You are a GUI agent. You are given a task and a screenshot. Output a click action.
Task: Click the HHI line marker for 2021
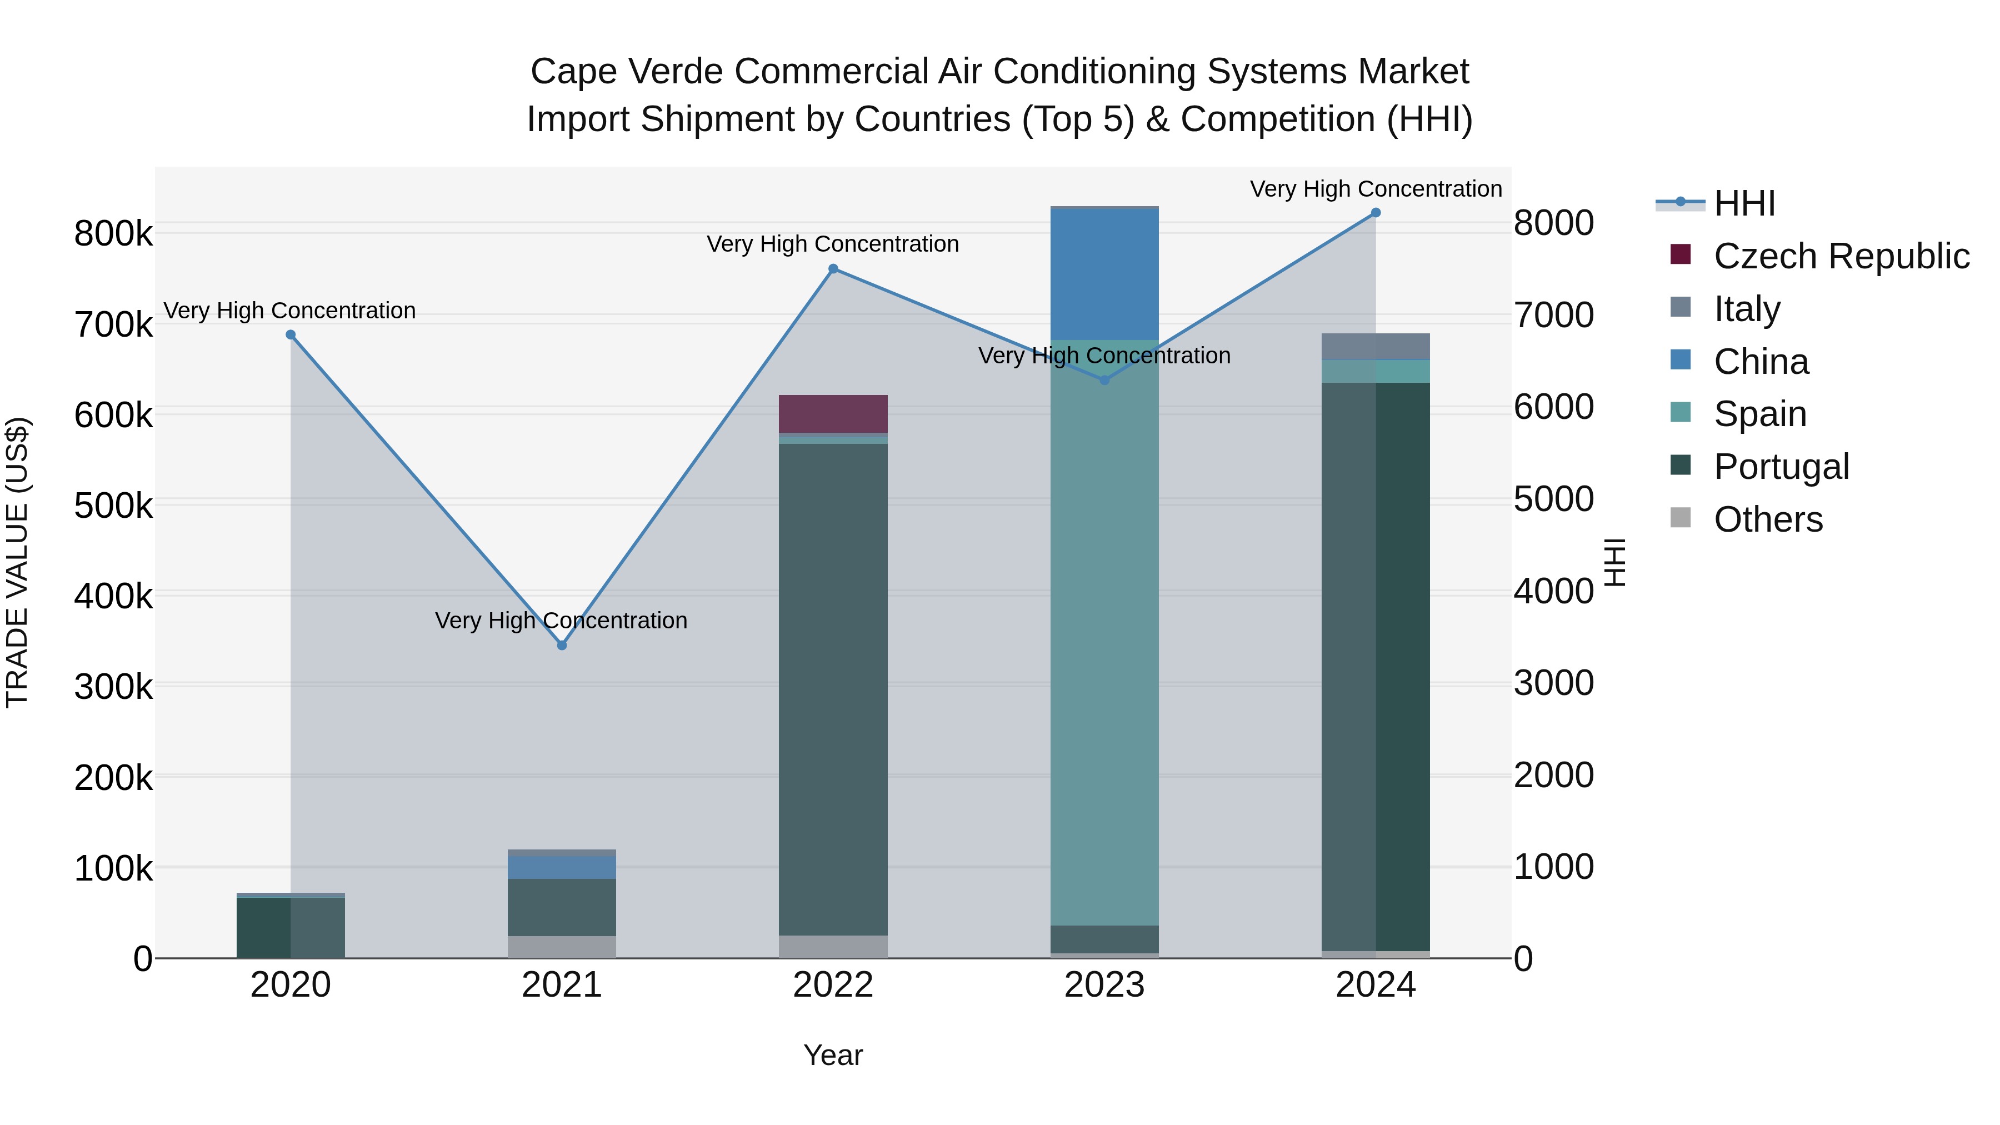[x=562, y=645]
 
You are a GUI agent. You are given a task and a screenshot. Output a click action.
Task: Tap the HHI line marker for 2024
[x=1376, y=213]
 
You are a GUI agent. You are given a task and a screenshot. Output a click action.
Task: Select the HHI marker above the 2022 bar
[x=833, y=269]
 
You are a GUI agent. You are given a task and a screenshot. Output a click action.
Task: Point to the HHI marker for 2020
[x=291, y=334]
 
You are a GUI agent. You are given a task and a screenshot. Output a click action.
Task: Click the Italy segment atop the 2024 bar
[x=1376, y=346]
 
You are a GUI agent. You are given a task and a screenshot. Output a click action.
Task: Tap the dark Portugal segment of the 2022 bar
[x=833, y=689]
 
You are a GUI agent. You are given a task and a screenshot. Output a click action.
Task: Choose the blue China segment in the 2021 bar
[x=562, y=867]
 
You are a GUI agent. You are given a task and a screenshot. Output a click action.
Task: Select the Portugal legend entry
[x=1781, y=467]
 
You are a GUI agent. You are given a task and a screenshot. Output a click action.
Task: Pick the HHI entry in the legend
[x=1744, y=203]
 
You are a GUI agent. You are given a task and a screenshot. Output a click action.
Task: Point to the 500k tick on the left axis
[x=113, y=506]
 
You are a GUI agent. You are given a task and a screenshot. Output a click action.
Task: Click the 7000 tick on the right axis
[x=1553, y=315]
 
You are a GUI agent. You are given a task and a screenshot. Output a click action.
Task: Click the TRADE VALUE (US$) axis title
[x=17, y=562]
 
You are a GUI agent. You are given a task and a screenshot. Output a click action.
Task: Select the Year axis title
[x=833, y=1055]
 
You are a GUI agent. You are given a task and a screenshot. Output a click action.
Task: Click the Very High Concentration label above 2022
[x=833, y=244]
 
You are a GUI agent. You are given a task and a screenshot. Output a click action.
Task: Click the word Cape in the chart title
[x=572, y=72]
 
